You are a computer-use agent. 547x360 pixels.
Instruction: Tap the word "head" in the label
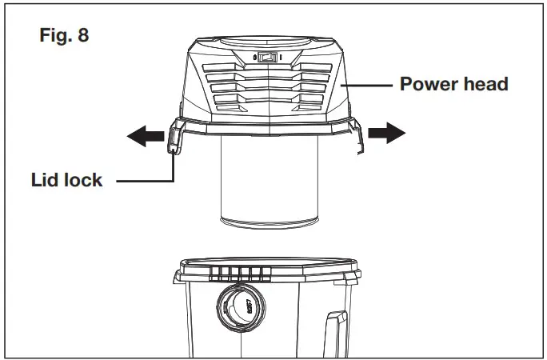486,84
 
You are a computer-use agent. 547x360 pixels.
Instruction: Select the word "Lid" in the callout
45,180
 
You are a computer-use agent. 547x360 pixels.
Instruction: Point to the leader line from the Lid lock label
152,181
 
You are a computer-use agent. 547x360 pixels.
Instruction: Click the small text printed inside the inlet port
249,307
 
